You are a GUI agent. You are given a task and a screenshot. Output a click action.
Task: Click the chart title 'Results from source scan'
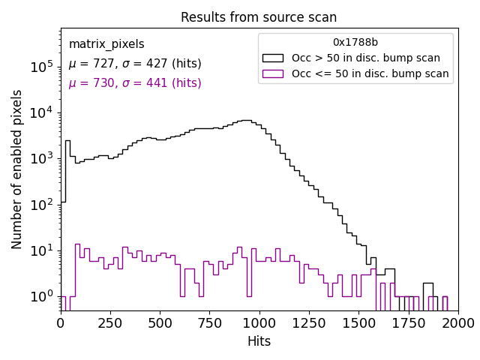(x=259, y=17)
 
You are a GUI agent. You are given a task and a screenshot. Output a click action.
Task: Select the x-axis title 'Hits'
(x=259, y=341)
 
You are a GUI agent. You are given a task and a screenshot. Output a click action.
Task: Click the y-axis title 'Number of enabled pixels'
(x=17, y=169)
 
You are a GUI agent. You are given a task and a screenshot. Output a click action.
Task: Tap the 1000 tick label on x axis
(x=259, y=322)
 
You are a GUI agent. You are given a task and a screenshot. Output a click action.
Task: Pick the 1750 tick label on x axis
(x=408, y=322)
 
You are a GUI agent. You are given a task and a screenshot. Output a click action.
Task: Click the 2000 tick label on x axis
(x=457, y=322)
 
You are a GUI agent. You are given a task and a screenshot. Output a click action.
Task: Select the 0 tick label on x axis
(x=61, y=322)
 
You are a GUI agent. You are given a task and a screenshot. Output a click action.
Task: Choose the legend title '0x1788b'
(x=355, y=43)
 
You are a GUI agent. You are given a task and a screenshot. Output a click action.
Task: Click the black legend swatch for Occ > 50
(x=272, y=58)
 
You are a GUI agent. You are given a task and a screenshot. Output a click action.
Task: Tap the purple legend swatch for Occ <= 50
(x=272, y=73)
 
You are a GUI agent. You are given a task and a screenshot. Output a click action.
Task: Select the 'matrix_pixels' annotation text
(x=106, y=44)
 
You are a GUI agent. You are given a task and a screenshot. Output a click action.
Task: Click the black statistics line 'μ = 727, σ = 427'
(x=135, y=64)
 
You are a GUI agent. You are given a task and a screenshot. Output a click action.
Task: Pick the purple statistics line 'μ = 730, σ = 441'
(x=135, y=83)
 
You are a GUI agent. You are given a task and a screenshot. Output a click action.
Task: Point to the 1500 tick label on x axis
(x=358, y=322)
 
